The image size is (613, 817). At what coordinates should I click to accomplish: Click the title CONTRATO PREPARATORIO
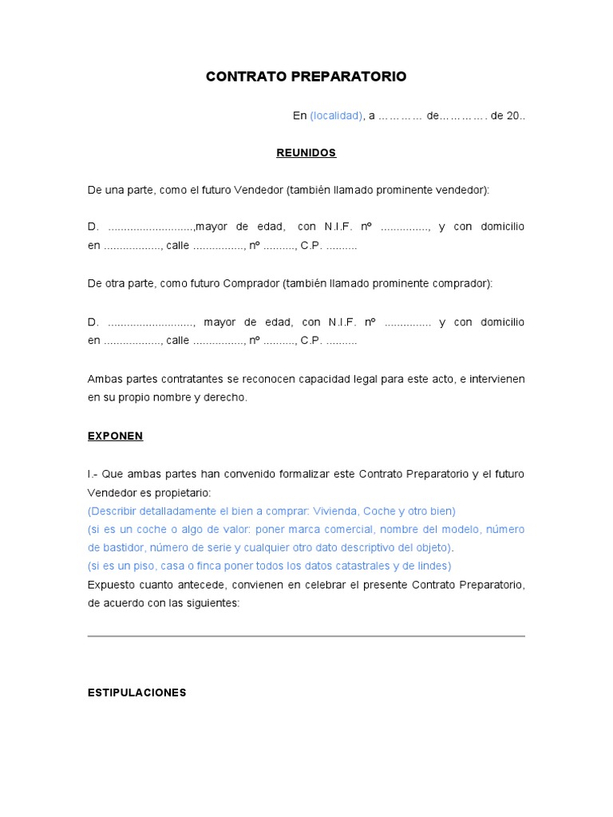pos(306,77)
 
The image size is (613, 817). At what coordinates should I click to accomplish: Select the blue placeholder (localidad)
pos(336,116)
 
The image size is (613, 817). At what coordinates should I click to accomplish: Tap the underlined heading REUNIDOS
pos(306,152)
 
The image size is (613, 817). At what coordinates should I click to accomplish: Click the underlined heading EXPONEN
pos(115,436)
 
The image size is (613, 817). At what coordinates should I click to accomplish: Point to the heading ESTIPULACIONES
pos(136,693)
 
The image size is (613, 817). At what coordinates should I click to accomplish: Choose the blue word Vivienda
pos(334,511)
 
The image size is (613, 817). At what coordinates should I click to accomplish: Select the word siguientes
pos(210,603)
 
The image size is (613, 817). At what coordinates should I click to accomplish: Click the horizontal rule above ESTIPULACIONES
pos(306,636)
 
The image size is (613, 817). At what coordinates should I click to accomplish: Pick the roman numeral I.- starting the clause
pos(93,474)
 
